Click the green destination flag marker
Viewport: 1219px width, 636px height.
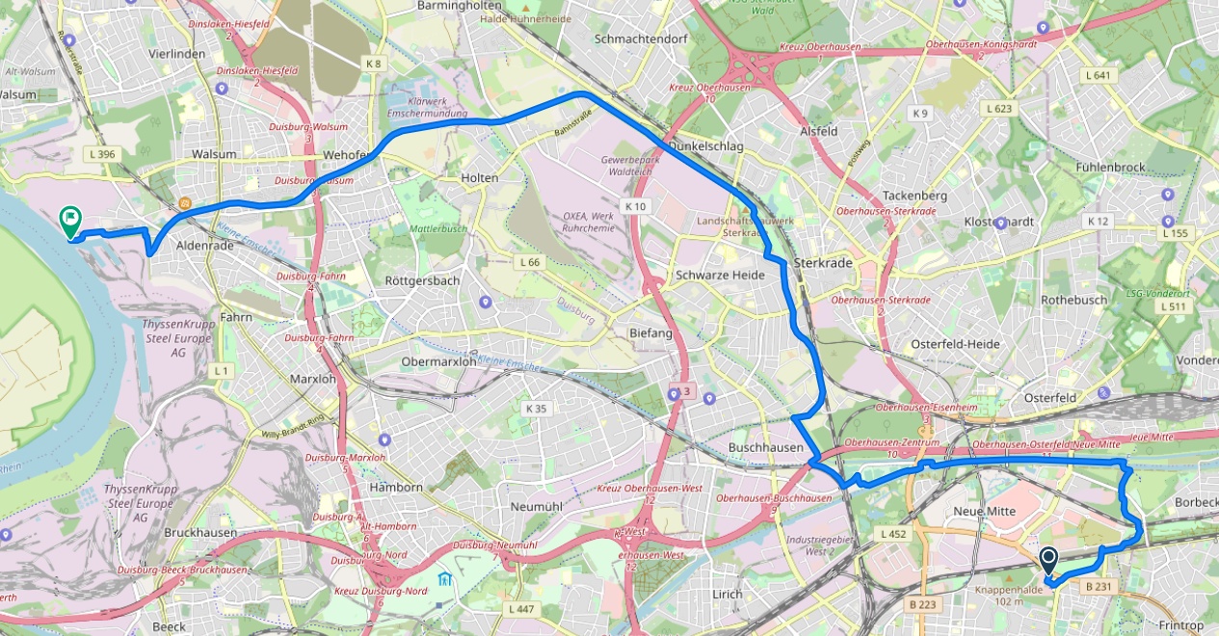point(70,222)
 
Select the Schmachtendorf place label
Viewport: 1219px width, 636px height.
point(641,39)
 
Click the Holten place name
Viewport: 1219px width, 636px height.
point(480,177)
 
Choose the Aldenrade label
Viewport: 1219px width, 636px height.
point(205,247)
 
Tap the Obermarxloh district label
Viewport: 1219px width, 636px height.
point(438,361)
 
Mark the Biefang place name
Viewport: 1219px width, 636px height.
point(650,332)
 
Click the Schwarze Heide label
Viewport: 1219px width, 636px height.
point(720,275)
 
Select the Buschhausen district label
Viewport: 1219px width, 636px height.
point(766,448)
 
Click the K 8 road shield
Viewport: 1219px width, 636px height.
point(374,64)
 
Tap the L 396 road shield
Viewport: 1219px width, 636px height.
point(99,154)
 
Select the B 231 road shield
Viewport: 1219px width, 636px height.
point(1098,586)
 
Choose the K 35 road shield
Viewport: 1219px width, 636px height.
point(536,409)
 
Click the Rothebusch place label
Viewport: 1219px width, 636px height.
point(1074,300)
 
